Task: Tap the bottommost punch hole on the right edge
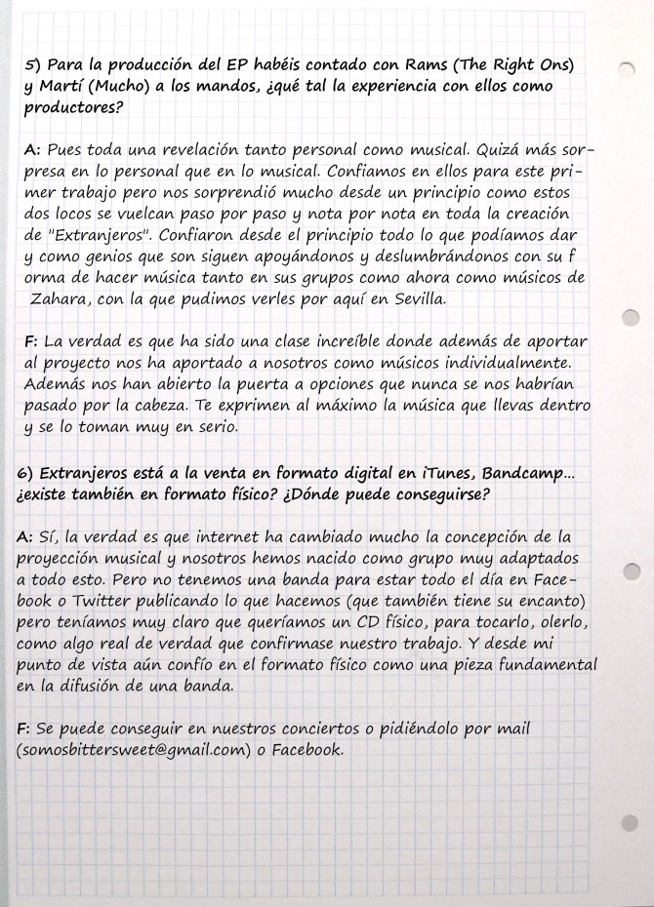coord(630,819)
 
